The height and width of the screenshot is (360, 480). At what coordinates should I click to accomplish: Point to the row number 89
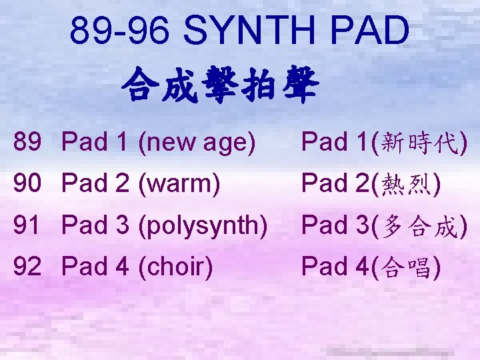[x=29, y=141]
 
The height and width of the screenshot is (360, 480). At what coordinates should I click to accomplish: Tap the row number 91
[x=29, y=226]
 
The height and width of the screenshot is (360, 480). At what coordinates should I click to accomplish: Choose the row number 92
[x=29, y=267]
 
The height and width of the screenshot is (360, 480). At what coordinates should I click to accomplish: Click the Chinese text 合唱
[x=406, y=267]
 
